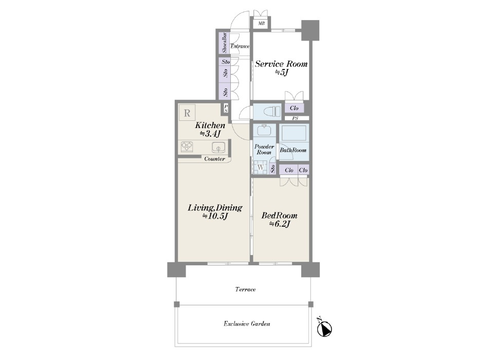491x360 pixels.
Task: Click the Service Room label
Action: click(x=281, y=64)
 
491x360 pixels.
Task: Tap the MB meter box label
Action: click(x=261, y=23)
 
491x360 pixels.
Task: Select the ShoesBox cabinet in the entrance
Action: click(x=224, y=43)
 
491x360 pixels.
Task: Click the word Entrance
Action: click(x=240, y=46)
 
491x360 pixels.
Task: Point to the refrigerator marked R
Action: click(x=187, y=113)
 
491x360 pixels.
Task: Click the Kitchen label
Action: click(x=210, y=125)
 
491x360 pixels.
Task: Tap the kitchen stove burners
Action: click(x=187, y=147)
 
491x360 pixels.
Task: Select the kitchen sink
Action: click(x=219, y=147)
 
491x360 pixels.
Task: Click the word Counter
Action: click(x=214, y=159)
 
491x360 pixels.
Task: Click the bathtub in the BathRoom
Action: click(x=294, y=134)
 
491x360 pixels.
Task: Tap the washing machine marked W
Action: click(x=261, y=167)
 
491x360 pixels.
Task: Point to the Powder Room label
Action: click(x=264, y=150)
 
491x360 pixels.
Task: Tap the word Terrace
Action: click(x=246, y=289)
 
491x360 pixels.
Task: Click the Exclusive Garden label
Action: click(x=247, y=323)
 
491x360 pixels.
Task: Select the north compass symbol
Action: click(x=324, y=328)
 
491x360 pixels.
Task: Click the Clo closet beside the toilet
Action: click(x=294, y=108)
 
